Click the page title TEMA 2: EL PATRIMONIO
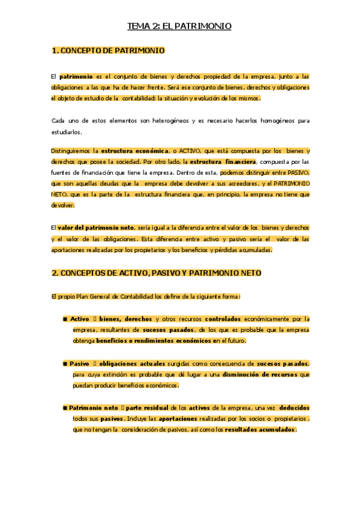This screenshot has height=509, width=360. tap(179, 26)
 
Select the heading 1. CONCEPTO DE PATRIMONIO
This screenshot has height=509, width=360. tap(108, 51)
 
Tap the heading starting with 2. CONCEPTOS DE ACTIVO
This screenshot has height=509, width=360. tap(156, 273)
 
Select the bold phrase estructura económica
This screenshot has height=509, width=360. tap(134, 151)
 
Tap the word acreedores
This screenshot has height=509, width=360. tap(242, 183)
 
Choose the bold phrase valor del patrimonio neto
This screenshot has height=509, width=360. tap(96, 228)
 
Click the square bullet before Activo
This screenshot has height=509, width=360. tap(65, 319)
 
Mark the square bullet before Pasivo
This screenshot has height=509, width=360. tap(65, 364)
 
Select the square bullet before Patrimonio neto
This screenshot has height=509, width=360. tap(65, 408)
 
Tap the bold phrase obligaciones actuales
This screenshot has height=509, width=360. tap(126, 364)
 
